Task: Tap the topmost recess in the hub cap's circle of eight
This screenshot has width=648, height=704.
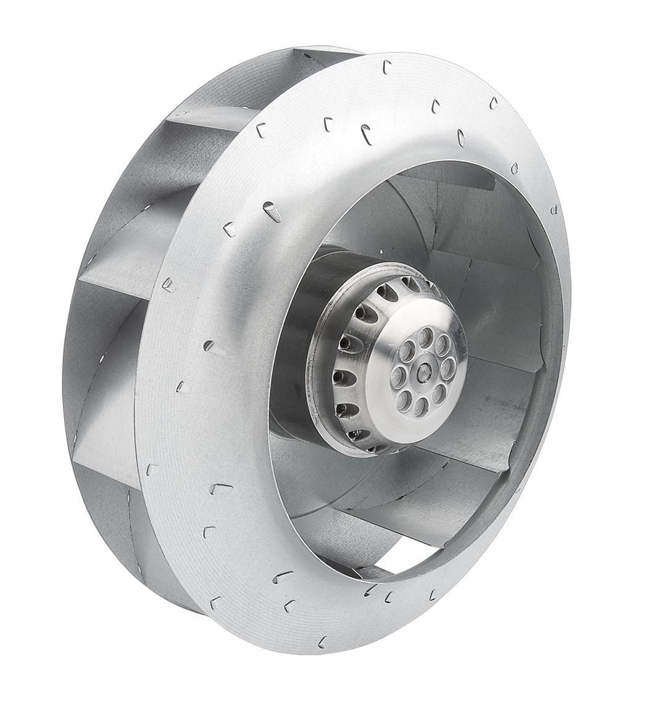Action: [x=426, y=338]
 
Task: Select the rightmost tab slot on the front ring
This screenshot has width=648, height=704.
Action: [x=554, y=209]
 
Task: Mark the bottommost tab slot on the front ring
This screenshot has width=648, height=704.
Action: [x=322, y=642]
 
